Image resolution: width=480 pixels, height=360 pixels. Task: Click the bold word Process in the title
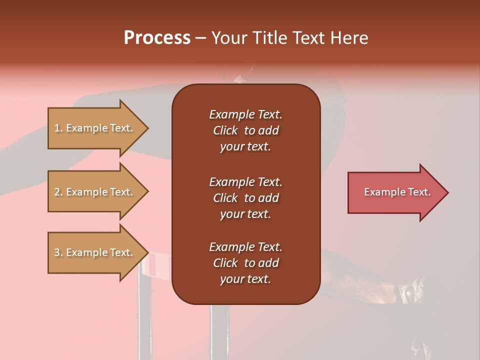coord(157,37)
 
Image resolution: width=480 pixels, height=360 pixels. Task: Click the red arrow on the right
coord(395,192)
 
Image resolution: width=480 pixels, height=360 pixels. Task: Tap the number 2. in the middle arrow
coord(58,192)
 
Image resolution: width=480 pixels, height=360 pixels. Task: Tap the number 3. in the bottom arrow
coord(58,252)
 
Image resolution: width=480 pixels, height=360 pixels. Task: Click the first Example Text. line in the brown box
coord(245,114)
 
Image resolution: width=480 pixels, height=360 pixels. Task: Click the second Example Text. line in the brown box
coord(245,181)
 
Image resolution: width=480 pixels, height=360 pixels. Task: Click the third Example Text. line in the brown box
coord(245,247)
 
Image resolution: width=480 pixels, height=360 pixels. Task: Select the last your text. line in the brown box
coord(245,279)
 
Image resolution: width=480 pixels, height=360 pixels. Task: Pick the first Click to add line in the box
coord(245,130)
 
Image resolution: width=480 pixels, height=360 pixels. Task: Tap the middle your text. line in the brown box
coord(245,214)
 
